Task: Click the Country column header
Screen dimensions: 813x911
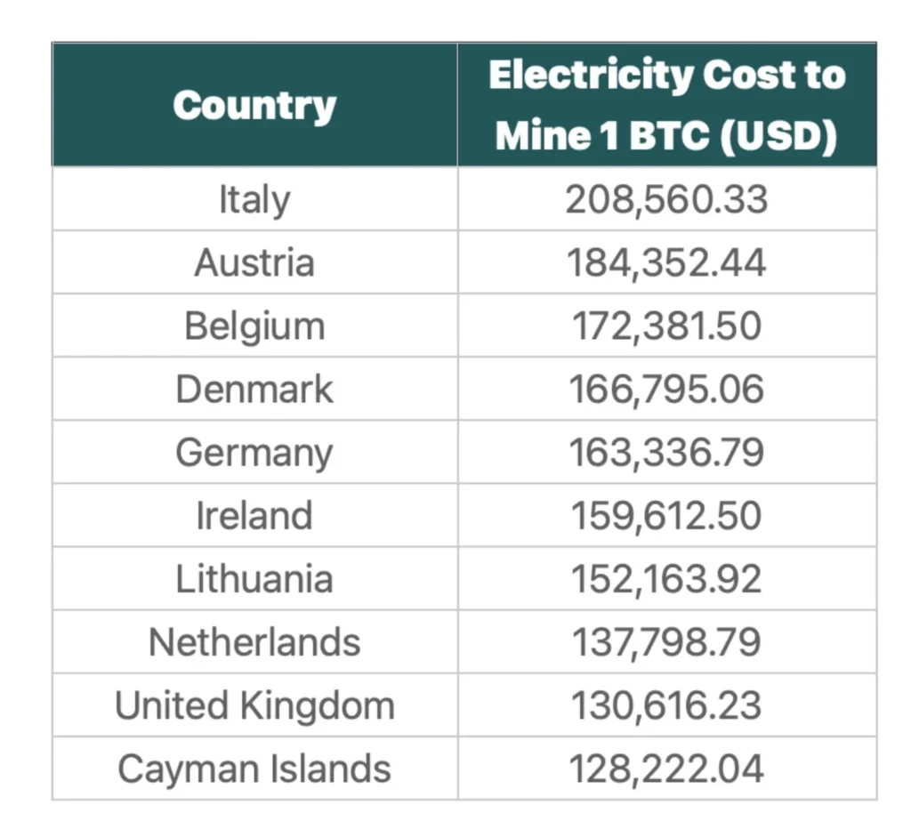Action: click(254, 106)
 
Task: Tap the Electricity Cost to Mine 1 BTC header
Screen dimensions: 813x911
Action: click(666, 105)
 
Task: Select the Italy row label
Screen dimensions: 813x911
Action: click(254, 199)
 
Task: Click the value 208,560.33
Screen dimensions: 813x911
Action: click(666, 199)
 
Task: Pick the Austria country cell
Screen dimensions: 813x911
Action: click(254, 263)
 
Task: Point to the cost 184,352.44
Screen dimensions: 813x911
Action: click(666, 263)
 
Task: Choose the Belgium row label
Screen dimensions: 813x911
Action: click(254, 326)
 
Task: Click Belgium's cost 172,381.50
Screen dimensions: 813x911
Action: click(666, 326)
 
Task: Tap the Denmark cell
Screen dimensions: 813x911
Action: click(254, 390)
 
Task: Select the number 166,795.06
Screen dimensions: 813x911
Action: click(666, 390)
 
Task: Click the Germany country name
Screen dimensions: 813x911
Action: click(254, 453)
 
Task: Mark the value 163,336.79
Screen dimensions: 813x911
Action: click(666, 453)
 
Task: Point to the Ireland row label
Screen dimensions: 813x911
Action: click(254, 516)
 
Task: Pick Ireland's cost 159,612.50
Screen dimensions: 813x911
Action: click(666, 516)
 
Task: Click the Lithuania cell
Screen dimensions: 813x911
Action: click(254, 579)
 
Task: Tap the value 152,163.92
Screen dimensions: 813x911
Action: click(666, 579)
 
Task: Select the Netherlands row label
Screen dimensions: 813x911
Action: click(254, 642)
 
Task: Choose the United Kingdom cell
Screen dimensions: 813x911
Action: click(254, 705)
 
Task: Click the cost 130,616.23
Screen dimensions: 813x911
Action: click(666, 705)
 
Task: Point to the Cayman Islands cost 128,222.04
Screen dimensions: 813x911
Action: click(666, 769)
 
